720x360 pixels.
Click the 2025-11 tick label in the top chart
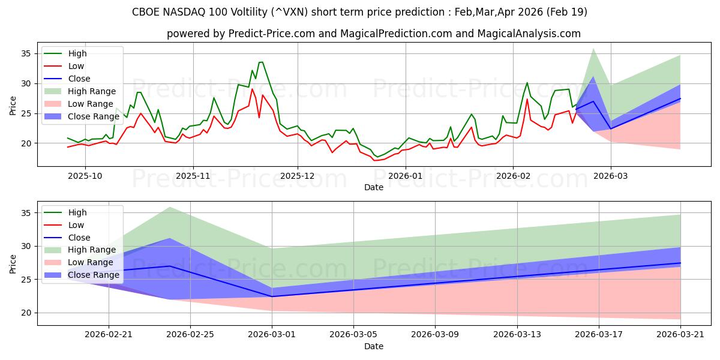[193, 176]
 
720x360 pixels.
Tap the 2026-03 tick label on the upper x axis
[610, 176]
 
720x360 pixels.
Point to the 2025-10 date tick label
[85, 176]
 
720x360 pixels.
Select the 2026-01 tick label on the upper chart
[406, 176]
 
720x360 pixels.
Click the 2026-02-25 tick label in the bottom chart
[190, 335]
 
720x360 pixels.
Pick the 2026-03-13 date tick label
[517, 335]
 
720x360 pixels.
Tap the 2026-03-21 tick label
[680, 335]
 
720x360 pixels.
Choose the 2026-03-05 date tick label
[353, 335]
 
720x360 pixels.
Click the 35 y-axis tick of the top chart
[26, 53]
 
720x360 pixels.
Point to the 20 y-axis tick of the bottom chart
[26, 313]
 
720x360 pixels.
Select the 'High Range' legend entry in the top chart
[80, 91]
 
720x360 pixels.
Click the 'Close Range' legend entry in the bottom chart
[82, 275]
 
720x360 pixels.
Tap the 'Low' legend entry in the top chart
[64, 66]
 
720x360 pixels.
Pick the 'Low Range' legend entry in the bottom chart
[79, 262]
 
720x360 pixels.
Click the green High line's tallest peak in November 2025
[261, 62]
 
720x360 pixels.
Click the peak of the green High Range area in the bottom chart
[169, 208]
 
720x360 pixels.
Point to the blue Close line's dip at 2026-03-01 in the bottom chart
[272, 296]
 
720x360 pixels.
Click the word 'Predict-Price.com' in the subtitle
[272, 34]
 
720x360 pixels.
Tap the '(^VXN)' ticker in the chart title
[289, 12]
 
